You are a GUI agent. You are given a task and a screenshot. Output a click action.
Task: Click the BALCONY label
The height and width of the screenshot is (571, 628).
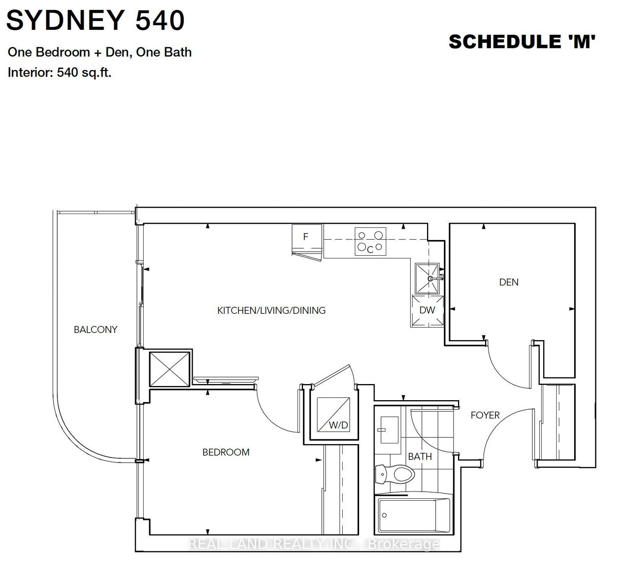coord(95,329)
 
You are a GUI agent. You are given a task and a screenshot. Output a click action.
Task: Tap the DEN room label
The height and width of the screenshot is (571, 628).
coord(509,282)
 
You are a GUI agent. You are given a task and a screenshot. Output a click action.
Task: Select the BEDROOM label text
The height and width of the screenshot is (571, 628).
coord(226,452)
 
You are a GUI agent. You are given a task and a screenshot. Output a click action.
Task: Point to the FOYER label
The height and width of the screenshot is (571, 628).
coord(485,415)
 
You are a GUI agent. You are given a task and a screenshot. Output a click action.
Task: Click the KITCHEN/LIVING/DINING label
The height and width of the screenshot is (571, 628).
coord(271,310)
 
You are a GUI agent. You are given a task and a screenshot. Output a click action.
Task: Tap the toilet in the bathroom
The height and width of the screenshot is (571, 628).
coord(395,474)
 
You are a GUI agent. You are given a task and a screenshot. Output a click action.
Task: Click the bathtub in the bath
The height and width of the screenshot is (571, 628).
coord(413,515)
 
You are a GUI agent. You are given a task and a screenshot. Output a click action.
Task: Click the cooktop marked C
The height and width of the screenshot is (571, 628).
coord(370,242)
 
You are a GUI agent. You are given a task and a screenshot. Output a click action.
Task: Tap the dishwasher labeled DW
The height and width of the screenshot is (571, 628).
coord(427,310)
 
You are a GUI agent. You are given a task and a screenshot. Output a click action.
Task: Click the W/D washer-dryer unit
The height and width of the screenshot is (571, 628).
coord(333,415)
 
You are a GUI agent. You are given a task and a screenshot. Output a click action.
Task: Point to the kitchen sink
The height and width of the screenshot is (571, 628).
coord(427,278)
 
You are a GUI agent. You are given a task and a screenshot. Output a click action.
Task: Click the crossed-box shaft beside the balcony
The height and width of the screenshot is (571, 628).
coord(170,369)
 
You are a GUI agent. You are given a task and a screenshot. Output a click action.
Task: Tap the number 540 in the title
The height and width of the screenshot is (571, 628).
coord(160,20)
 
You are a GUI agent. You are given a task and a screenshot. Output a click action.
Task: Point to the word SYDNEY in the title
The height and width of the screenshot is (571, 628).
coord(66,20)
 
